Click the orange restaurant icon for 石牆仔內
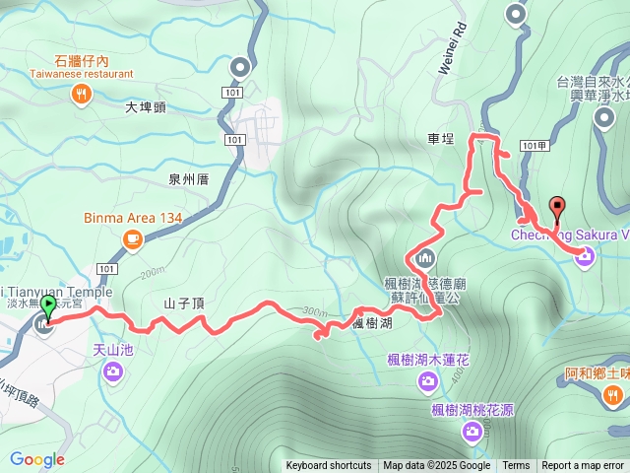[82, 94]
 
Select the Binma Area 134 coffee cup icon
[133, 238]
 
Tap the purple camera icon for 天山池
[113, 371]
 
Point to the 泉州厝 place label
[188, 178]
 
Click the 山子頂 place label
[184, 303]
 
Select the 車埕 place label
[442, 140]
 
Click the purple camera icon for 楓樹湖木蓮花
[428, 380]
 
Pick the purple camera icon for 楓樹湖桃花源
[472, 430]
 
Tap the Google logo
[37, 459]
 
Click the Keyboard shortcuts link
[329, 466]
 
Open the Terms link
[516, 466]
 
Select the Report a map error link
[584, 466]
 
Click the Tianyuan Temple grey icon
[44, 324]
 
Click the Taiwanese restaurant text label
[82, 73]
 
